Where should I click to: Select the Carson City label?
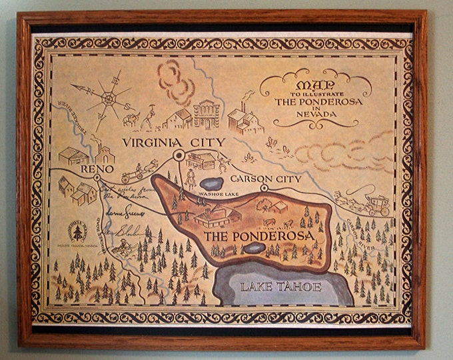pos(266,179)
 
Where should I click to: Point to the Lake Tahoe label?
pos(282,287)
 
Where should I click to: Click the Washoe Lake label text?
pos(213,193)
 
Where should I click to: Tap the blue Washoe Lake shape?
pos(213,183)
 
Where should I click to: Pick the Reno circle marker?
pos(97,178)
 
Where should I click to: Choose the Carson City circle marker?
pos(264,189)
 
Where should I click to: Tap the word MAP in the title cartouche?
pos(313,85)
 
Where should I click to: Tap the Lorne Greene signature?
pos(123,212)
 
